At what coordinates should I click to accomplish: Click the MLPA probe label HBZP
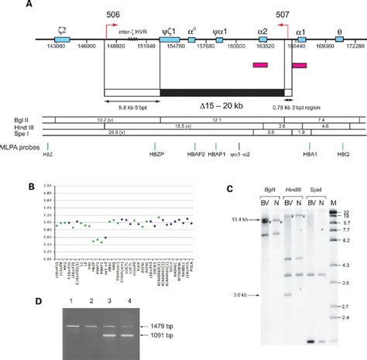156,154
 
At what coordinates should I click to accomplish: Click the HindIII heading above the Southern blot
293,191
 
